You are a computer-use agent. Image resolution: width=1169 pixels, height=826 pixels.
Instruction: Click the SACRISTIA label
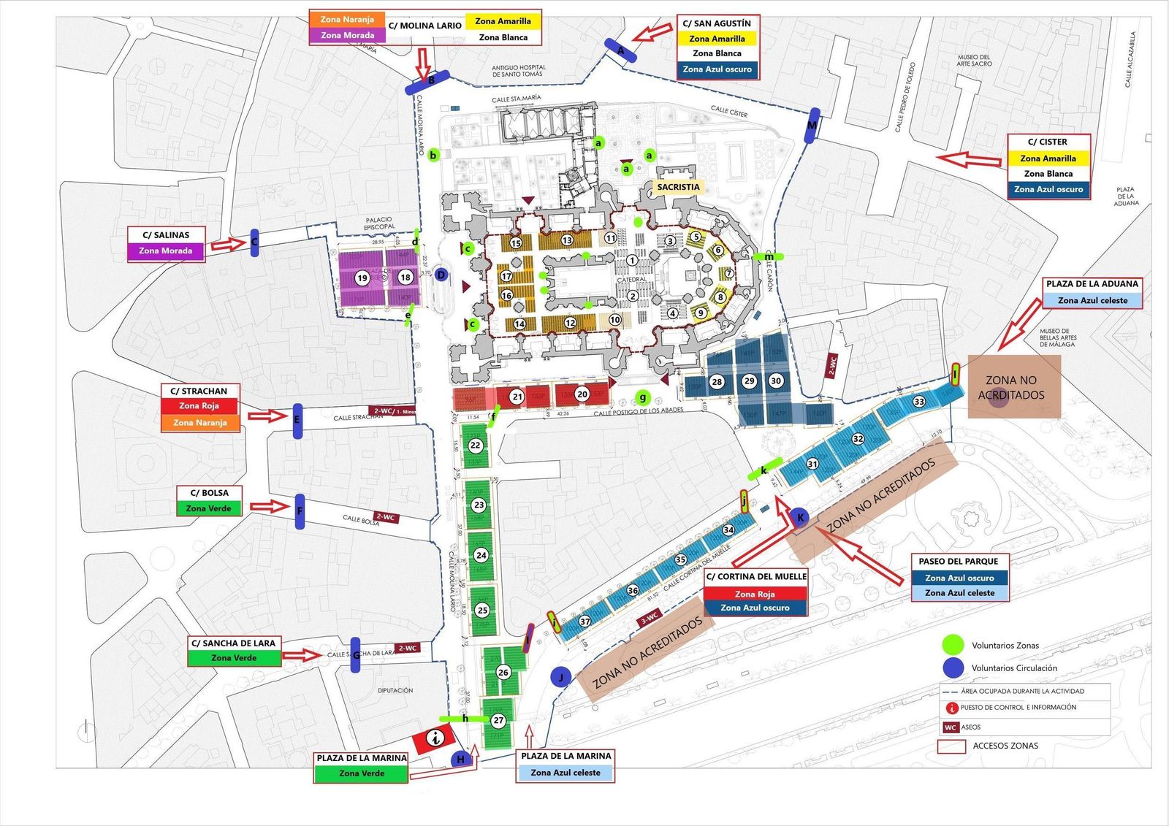678,187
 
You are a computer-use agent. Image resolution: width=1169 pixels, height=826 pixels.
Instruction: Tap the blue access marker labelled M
812,125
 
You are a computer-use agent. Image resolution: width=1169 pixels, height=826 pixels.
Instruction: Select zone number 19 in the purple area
362,278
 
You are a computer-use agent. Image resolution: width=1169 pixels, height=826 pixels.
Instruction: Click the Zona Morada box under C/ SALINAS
166,251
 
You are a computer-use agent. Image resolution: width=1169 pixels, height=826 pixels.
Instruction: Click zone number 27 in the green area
498,720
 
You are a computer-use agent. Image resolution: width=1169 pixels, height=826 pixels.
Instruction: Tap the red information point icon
436,738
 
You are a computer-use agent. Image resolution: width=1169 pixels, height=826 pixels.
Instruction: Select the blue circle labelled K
800,518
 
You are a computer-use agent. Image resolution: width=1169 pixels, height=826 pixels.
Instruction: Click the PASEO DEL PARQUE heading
958,562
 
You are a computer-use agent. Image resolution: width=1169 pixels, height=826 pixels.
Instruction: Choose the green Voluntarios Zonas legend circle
953,645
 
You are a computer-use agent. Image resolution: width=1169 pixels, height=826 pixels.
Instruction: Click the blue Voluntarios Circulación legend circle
953,668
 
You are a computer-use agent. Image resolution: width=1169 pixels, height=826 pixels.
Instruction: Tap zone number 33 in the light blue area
919,402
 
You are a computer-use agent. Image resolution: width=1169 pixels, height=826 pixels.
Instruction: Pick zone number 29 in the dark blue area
749,381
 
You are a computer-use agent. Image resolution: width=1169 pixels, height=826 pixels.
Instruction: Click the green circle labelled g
643,398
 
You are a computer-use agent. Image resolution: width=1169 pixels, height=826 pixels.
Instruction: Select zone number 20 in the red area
582,394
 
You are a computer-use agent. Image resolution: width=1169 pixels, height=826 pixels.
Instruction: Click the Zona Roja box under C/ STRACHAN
199,406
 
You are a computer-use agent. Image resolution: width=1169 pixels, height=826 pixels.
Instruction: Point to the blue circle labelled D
441,275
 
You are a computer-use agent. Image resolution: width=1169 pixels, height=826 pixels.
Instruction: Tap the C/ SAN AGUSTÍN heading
717,23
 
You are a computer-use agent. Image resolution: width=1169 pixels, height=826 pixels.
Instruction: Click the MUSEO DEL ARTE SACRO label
974,60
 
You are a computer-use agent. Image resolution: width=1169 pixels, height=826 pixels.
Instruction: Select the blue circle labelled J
560,677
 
